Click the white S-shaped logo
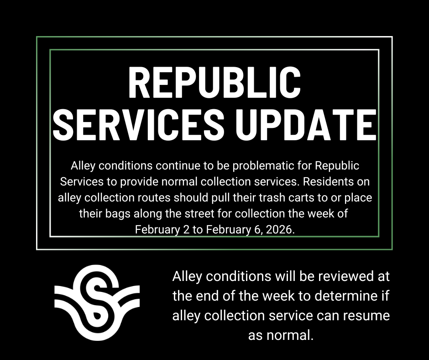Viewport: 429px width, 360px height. [97, 303]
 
